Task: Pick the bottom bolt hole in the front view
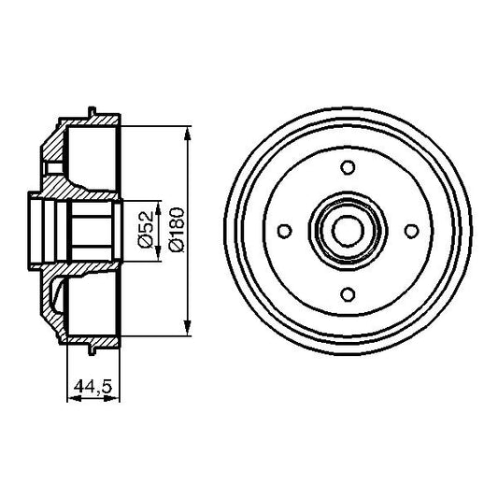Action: (x=348, y=293)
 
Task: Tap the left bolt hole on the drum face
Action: (x=285, y=230)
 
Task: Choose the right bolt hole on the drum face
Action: (x=411, y=230)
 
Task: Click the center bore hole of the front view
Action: (x=348, y=230)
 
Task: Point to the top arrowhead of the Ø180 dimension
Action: (x=192, y=132)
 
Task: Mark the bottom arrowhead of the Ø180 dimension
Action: (x=192, y=329)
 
